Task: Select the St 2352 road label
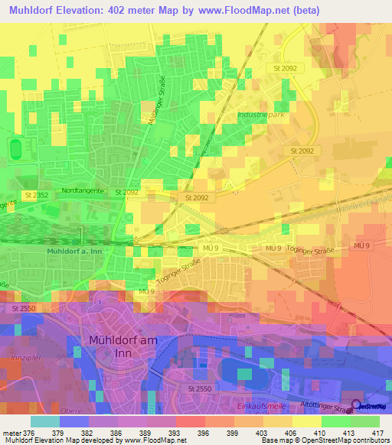pyautogui.click(x=35, y=196)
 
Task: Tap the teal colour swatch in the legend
pyautogui.click(x=45, y=421)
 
